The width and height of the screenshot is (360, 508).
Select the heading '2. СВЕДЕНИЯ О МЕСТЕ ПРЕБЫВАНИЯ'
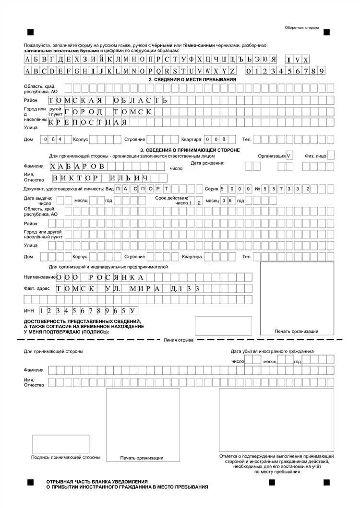coord(192,79)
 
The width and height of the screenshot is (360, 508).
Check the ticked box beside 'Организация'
coord(289,156)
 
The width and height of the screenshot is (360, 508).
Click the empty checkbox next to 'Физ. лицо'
coord(331,155)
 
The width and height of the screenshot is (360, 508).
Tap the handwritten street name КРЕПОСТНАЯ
coord(88,122)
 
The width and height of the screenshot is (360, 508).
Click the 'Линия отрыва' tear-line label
coord(179,340)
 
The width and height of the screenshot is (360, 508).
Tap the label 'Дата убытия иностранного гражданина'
coord(272,351)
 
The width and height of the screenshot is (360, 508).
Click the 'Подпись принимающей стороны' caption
coord(66,458)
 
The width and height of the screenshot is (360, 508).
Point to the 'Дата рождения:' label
coord(207,163)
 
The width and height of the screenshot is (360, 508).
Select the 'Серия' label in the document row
coord(211,189)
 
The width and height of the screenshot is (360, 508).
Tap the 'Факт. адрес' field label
coord(36,289)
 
